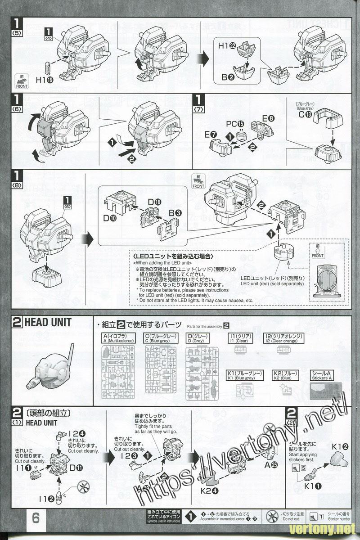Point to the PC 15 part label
point(235,124)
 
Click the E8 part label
point(268,118)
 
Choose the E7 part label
point(211,134)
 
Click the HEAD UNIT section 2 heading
point(48,323)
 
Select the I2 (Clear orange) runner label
point(290,338)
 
